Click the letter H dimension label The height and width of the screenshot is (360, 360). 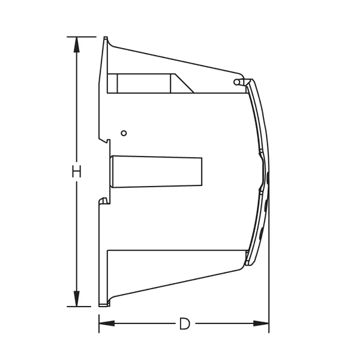pos(76,172)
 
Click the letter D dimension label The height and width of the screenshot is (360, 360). pos(185,324)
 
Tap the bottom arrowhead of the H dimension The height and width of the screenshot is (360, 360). pos(76,298)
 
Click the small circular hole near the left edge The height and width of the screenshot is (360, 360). pos(124,132)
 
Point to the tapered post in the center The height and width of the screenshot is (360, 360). pos(156,171)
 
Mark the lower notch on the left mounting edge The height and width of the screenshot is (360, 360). pos(106,201)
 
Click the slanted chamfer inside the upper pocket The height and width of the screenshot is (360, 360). pos(183,83)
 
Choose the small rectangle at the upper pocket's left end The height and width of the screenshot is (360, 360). pos(112,83)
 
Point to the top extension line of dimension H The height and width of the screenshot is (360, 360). pos(84,37)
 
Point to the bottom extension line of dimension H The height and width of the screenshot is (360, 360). pos(84,306)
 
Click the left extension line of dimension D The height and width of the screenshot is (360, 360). pos(99,318)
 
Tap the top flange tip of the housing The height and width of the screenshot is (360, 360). pos(106,39)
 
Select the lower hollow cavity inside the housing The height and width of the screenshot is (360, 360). pos(174,264)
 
